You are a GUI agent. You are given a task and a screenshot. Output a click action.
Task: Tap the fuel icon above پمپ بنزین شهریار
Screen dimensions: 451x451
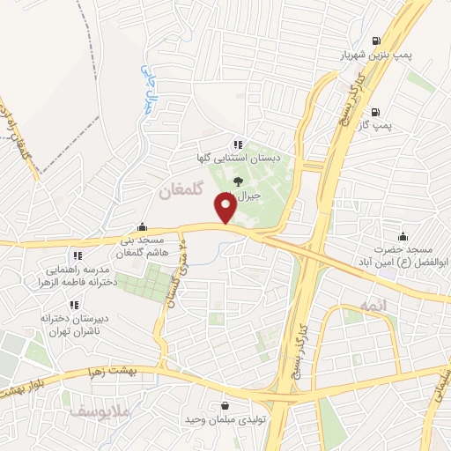[x=378, y=41]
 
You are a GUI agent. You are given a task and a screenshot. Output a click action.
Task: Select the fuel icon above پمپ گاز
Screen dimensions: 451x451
[x=377, y=112]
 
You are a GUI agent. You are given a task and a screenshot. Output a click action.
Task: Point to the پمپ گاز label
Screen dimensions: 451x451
[x=375, y=126]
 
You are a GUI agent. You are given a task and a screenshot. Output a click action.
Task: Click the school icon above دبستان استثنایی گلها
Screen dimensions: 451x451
[x=237, y=144]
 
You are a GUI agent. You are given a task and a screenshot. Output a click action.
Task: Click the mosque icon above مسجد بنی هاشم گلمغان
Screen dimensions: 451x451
[x=142, y=226]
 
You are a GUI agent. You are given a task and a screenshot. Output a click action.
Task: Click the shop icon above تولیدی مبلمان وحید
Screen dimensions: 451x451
[x=226, y=405]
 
